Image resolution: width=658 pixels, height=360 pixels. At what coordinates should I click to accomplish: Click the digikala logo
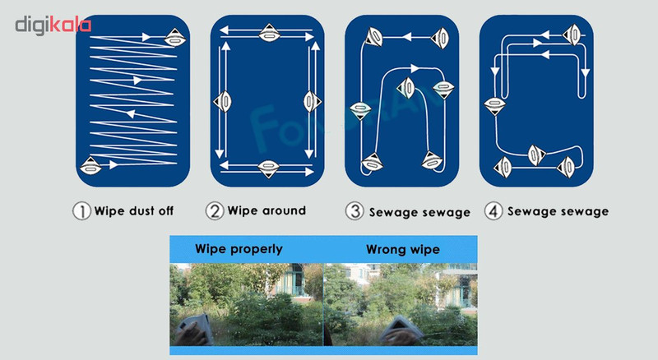pos(53,25)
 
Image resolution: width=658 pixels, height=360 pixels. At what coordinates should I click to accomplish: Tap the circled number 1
pos(81,211)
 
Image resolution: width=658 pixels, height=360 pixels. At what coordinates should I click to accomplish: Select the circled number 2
pos(215,210)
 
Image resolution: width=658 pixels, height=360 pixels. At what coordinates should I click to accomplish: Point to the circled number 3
pos(354,211)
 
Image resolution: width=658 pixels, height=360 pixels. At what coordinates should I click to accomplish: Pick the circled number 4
pos(493,211)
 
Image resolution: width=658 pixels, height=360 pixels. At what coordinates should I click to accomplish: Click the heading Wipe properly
pos(239,249)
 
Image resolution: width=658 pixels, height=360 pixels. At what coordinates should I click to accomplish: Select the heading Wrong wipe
pos(403,250)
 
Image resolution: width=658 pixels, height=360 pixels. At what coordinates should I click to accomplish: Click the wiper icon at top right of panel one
pos(175,38)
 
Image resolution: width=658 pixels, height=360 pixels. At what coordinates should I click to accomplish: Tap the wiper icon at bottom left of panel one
pos(90,166)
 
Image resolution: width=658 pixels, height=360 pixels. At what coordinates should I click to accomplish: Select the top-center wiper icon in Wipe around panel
pos(269,33)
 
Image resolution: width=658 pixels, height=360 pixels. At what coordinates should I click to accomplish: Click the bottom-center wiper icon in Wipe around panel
pos(269,168)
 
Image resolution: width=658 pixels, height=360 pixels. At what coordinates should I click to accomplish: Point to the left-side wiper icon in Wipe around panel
pos(222,101)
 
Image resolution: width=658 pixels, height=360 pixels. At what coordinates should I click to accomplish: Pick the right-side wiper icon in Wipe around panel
pos(313,101)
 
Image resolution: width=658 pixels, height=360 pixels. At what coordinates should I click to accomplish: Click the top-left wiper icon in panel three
pos(373,37)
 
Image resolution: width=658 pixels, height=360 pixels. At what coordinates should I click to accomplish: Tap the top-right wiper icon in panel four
pos(572,35)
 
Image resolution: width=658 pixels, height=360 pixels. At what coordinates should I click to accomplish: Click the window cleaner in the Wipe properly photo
pos(194,329)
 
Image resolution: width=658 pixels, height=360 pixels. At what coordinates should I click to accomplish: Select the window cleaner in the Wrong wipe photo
pos(401,330)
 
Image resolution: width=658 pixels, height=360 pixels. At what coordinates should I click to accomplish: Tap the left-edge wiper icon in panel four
pos(495,106)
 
